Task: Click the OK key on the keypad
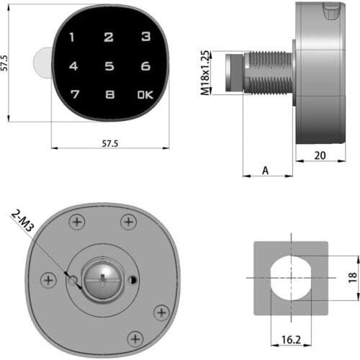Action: click(145, 94)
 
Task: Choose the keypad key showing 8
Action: click(109, 94)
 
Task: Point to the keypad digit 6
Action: click(145, 66)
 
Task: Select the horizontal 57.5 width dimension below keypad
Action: click(109, 144)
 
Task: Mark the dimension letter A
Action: click(266, 171)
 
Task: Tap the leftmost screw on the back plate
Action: click(48, 279)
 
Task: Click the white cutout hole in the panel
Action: click(291, 277)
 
